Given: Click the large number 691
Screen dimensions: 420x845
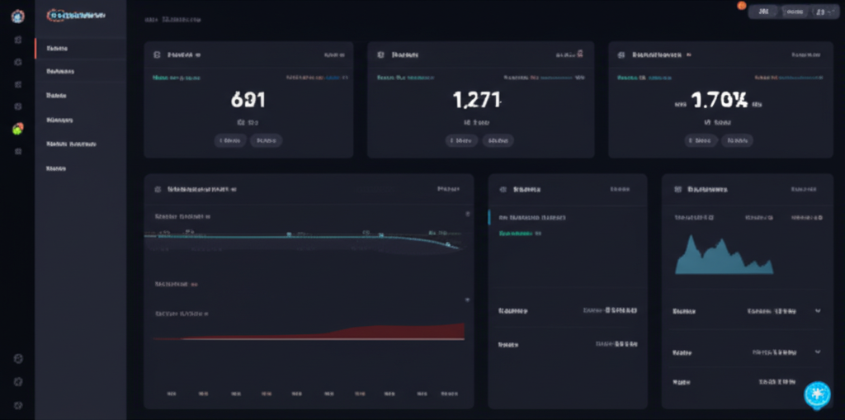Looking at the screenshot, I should (248, 101).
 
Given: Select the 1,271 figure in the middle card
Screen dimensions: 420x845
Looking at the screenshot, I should (477, 101).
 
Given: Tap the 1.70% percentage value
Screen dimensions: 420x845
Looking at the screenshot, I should (719, 101).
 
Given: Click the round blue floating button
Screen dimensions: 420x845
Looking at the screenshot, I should (817, 394).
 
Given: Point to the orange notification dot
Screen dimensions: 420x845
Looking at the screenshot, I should (742, 6).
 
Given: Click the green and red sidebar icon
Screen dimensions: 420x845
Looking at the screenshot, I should (18, 129).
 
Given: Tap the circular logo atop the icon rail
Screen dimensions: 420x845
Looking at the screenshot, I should (18, 16).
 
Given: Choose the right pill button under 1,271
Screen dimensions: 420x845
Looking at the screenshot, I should (498, 140).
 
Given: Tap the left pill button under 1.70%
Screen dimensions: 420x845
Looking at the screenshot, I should (701, 140).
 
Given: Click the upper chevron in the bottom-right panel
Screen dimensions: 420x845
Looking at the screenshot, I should (818, 311).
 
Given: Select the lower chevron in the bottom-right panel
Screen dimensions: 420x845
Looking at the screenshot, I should (818, 352).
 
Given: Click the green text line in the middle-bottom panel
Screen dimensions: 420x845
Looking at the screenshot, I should (521, 234).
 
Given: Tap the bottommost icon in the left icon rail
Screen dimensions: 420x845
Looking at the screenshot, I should (18, 405).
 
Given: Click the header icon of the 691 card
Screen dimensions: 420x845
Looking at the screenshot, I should (157, 54).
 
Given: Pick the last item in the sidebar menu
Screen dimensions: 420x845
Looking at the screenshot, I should (57, 168).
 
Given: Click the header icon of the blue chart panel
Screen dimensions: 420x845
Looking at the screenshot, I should (677, 189).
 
